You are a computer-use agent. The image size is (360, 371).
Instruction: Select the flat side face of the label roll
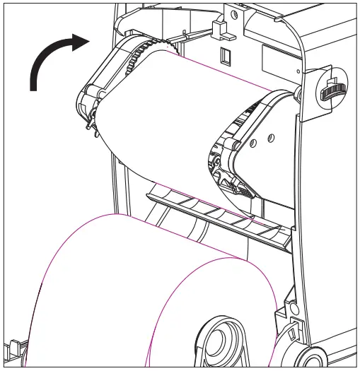[212, 311]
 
